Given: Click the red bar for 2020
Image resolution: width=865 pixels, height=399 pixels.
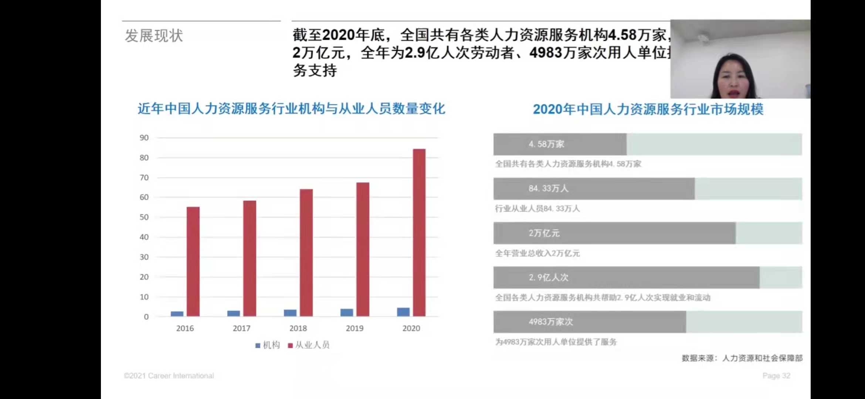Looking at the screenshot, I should (419, 233).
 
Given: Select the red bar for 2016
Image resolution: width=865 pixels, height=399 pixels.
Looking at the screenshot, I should (193, 262).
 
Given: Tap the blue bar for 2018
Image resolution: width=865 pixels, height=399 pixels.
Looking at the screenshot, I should (290, 313).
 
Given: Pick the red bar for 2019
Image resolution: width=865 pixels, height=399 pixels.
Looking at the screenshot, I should (363, 249).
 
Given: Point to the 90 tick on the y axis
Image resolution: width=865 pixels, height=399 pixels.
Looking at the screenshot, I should (144, 138).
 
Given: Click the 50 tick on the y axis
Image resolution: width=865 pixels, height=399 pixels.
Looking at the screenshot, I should (144, 217).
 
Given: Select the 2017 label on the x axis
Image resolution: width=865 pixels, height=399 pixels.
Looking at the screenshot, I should (241, 328).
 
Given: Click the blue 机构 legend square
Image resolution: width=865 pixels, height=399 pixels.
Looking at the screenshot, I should (258, 345).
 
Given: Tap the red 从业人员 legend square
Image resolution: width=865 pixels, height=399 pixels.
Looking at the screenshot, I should (290, 345).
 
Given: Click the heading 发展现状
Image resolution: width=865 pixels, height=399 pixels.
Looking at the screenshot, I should (154, 36).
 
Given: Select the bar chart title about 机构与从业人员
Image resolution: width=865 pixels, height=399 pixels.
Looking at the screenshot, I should (291, 109).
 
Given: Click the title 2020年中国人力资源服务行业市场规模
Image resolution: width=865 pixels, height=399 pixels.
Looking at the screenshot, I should (648, 109).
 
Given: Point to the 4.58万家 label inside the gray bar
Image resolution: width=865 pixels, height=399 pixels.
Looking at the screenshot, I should (546, 144).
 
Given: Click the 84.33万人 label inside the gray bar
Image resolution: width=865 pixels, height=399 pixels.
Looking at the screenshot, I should (548, 188).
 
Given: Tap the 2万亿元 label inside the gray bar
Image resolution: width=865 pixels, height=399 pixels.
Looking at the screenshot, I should (544, 233).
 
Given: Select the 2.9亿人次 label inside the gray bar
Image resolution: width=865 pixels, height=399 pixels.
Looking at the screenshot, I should (548, 277).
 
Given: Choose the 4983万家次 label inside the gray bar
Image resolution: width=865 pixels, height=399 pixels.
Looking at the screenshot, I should (550, 322).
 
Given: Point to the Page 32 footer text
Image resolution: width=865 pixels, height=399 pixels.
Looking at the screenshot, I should (776, 376).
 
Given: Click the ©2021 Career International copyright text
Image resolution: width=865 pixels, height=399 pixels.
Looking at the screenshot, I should (169, 376).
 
